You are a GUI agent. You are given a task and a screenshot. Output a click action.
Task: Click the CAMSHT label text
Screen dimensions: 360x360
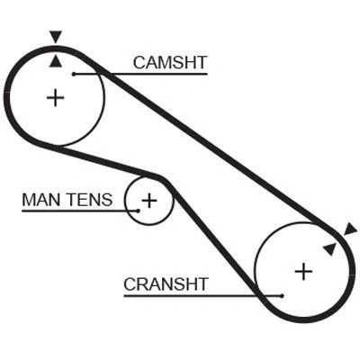click(170, 63)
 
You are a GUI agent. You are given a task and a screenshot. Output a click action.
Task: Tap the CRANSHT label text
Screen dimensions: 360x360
click(166, 284)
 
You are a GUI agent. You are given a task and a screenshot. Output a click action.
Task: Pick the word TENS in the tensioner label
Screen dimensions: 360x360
click(90, 200)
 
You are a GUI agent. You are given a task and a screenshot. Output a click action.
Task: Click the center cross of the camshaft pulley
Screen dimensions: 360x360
click(56, 97)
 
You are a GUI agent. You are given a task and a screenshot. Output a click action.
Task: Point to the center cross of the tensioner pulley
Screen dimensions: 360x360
click(149, 200)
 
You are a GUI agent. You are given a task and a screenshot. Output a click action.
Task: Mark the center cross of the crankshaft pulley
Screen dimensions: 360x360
click(303, 271)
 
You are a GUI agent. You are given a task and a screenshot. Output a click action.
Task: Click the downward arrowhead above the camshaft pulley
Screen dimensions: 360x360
click(56, 36)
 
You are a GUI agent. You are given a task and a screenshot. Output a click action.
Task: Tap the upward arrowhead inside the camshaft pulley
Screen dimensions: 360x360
click(56, 61)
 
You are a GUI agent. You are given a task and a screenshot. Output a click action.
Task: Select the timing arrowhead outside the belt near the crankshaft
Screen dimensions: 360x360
click(351, 229)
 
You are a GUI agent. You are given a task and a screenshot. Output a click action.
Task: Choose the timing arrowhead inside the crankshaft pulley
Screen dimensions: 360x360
click(330, 248)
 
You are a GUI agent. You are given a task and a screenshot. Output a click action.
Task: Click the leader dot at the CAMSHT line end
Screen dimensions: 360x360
click(74, 74)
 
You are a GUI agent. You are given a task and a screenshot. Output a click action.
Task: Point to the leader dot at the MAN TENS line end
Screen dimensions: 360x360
click(138, 211)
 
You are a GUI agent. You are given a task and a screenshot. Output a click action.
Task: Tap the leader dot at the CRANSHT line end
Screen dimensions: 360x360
click(282, 296)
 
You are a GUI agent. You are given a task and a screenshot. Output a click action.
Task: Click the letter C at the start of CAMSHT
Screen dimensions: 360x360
click(139, 63)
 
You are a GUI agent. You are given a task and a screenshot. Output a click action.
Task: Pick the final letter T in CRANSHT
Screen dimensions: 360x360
click(202, 284)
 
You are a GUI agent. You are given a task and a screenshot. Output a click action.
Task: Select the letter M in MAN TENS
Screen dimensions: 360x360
click(29, 200)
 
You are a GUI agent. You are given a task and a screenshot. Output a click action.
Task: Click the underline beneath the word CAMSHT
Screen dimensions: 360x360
click(140, 74)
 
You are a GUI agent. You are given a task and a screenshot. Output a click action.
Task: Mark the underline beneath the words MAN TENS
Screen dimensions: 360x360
click(80, 211)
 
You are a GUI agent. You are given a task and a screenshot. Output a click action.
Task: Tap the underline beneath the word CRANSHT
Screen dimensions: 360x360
click(203, 296)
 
